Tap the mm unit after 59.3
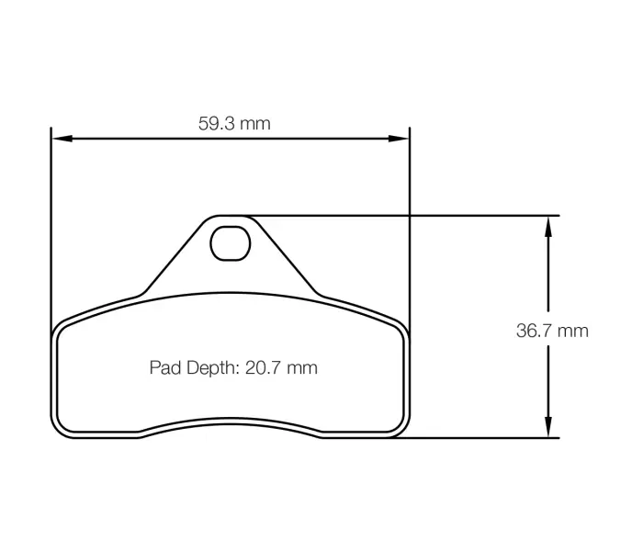(256, 123)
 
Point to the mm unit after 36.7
(572, 331)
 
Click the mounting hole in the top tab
(229, 242)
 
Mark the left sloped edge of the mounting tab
(172, 256)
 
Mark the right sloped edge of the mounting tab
(286, 256)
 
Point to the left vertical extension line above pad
(51, 230)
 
